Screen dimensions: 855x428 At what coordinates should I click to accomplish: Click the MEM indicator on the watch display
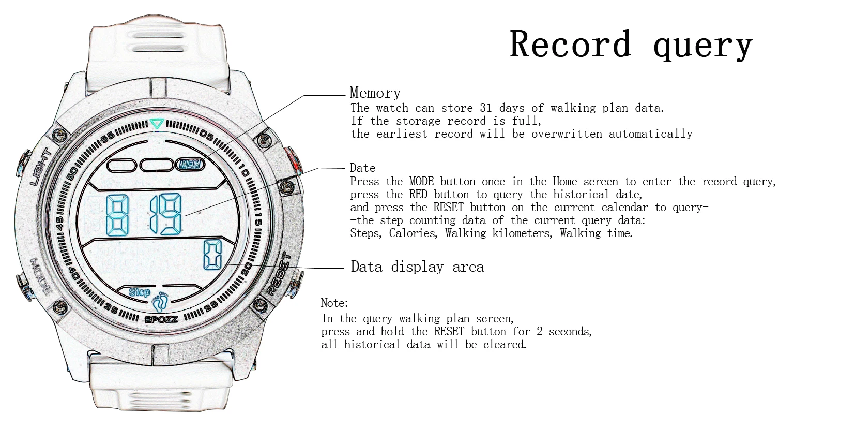tap(191, 165)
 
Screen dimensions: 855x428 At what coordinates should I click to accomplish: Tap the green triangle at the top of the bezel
tap(157, 124)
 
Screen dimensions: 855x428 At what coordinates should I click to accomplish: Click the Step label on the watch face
tap(139, 292)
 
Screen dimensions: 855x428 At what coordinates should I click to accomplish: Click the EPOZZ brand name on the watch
tap(161, 319)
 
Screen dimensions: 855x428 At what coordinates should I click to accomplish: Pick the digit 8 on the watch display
tap(118, 214)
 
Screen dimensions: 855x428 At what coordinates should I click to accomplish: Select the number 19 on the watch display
tap(166, 214)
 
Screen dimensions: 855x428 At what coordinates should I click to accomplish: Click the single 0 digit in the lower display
tap(212, 255)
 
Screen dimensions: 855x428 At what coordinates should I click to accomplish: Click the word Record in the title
tap(570, 44)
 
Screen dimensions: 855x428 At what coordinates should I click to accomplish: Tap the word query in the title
tap(703, 46)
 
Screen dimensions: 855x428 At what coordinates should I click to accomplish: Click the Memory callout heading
tap(375, 93)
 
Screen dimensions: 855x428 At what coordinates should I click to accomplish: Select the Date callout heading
tap(362, 168)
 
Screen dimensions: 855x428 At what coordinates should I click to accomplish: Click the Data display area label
tap(417, 267)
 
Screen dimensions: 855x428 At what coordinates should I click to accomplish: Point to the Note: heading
tap(334, 303)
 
